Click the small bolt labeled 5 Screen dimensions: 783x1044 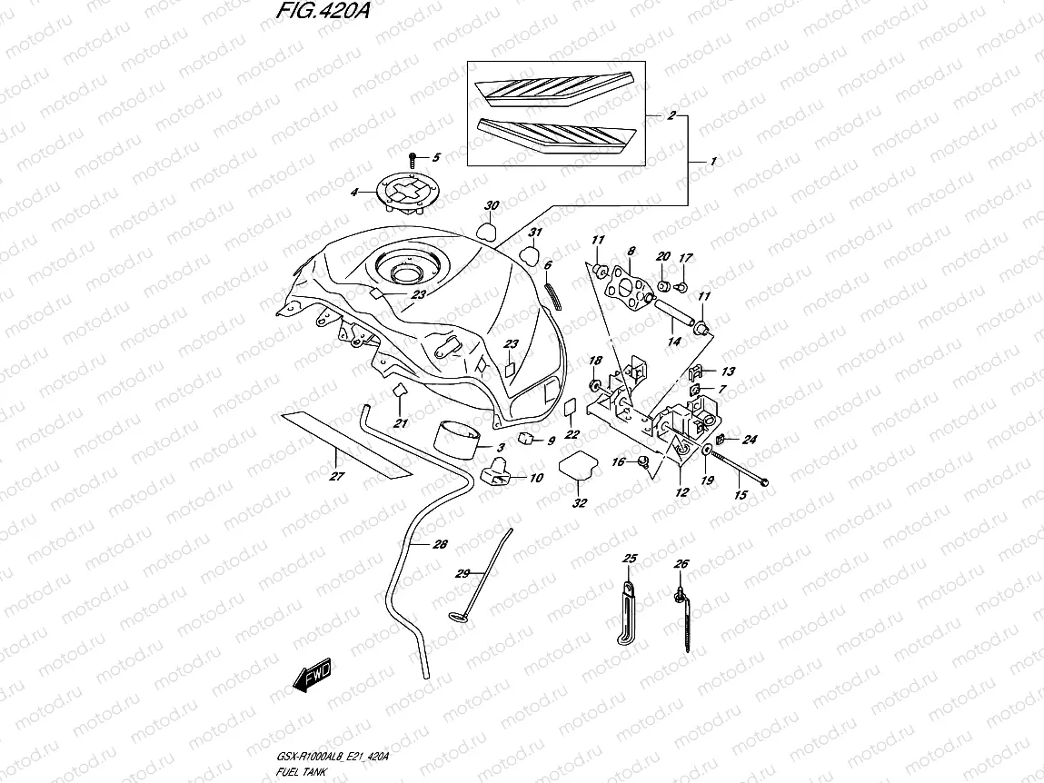tap(413, 158)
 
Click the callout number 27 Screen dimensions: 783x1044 tap(336, 476)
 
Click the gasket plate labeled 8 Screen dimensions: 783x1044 tap(629, 281)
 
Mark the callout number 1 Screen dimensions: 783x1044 tap(739, 162)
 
